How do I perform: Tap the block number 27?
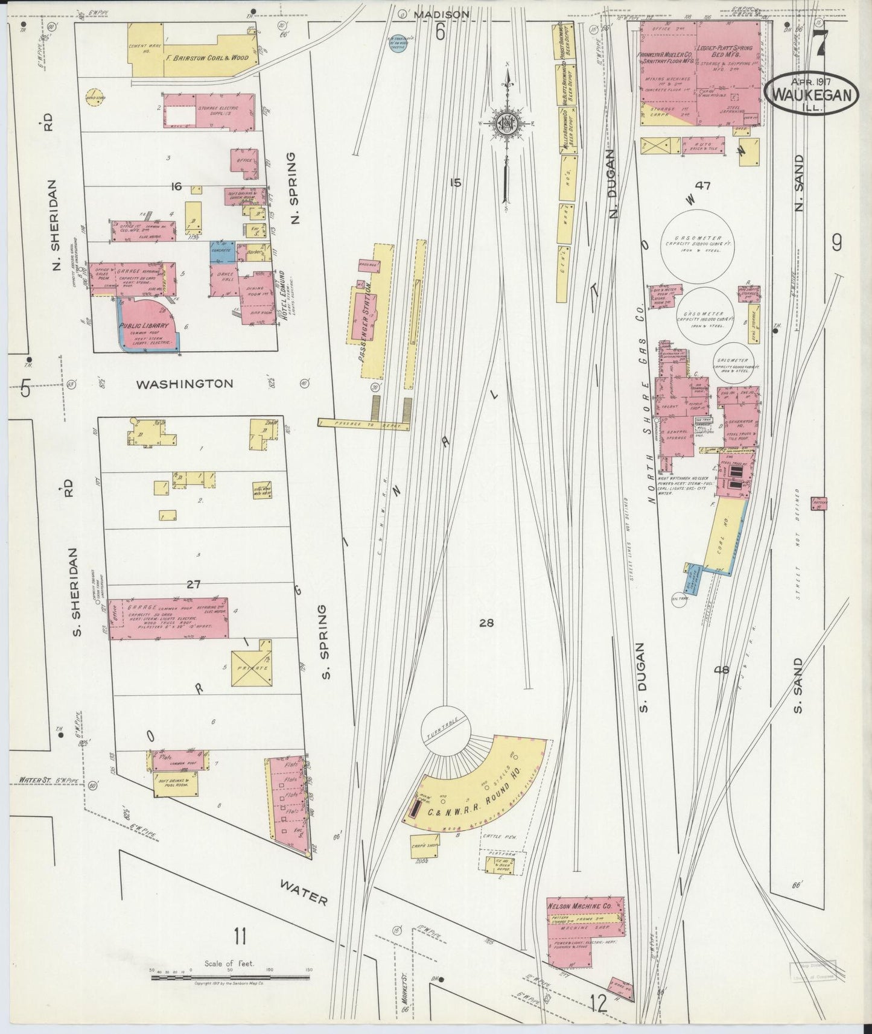pyautogui.click(x=193, y=584)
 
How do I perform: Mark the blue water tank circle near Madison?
pyautogui.click(x=397, y=45)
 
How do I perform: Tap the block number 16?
pyautogui.click(x=176, y=187)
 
